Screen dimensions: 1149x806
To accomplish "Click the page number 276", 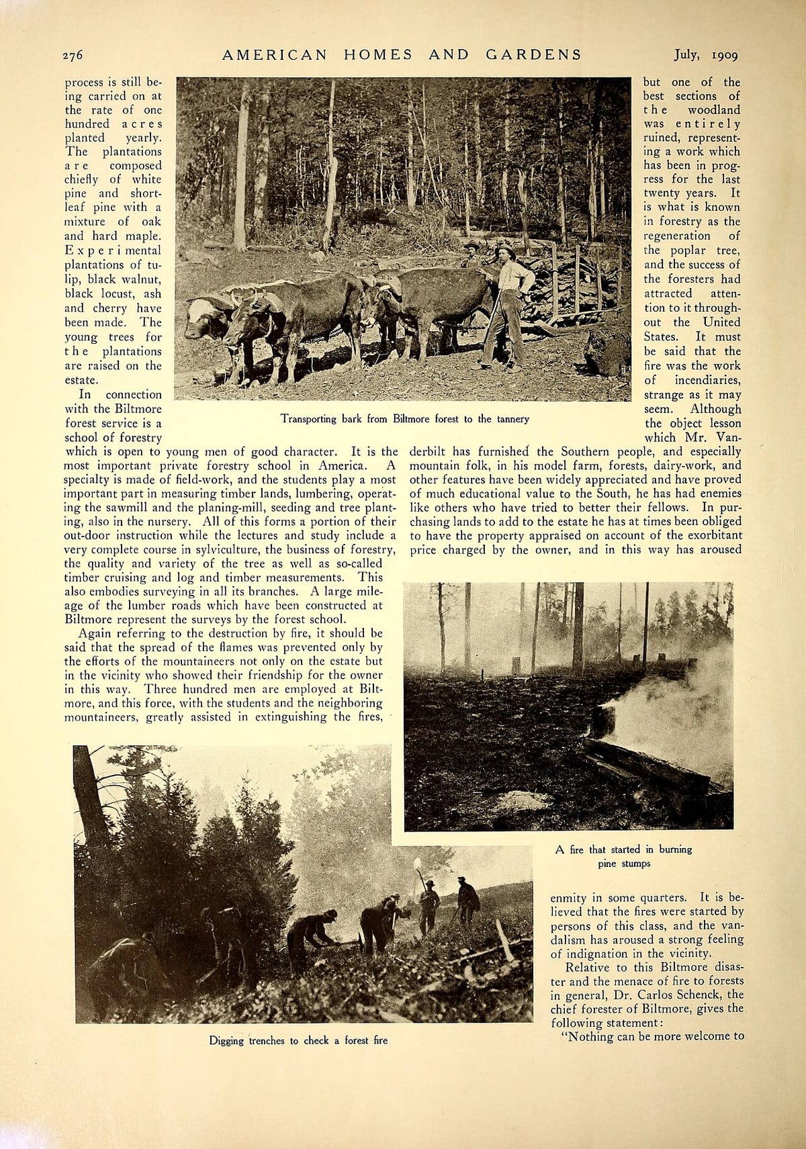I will coord(73,55).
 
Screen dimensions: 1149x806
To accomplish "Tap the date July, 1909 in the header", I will coord(706,55).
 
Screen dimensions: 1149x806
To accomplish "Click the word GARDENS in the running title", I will coord(533,55).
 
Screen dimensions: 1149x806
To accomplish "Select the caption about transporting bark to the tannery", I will coord(404,419).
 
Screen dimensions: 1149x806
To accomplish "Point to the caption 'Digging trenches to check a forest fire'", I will coord(298,1040).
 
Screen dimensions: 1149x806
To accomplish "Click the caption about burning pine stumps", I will coord(623,856).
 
